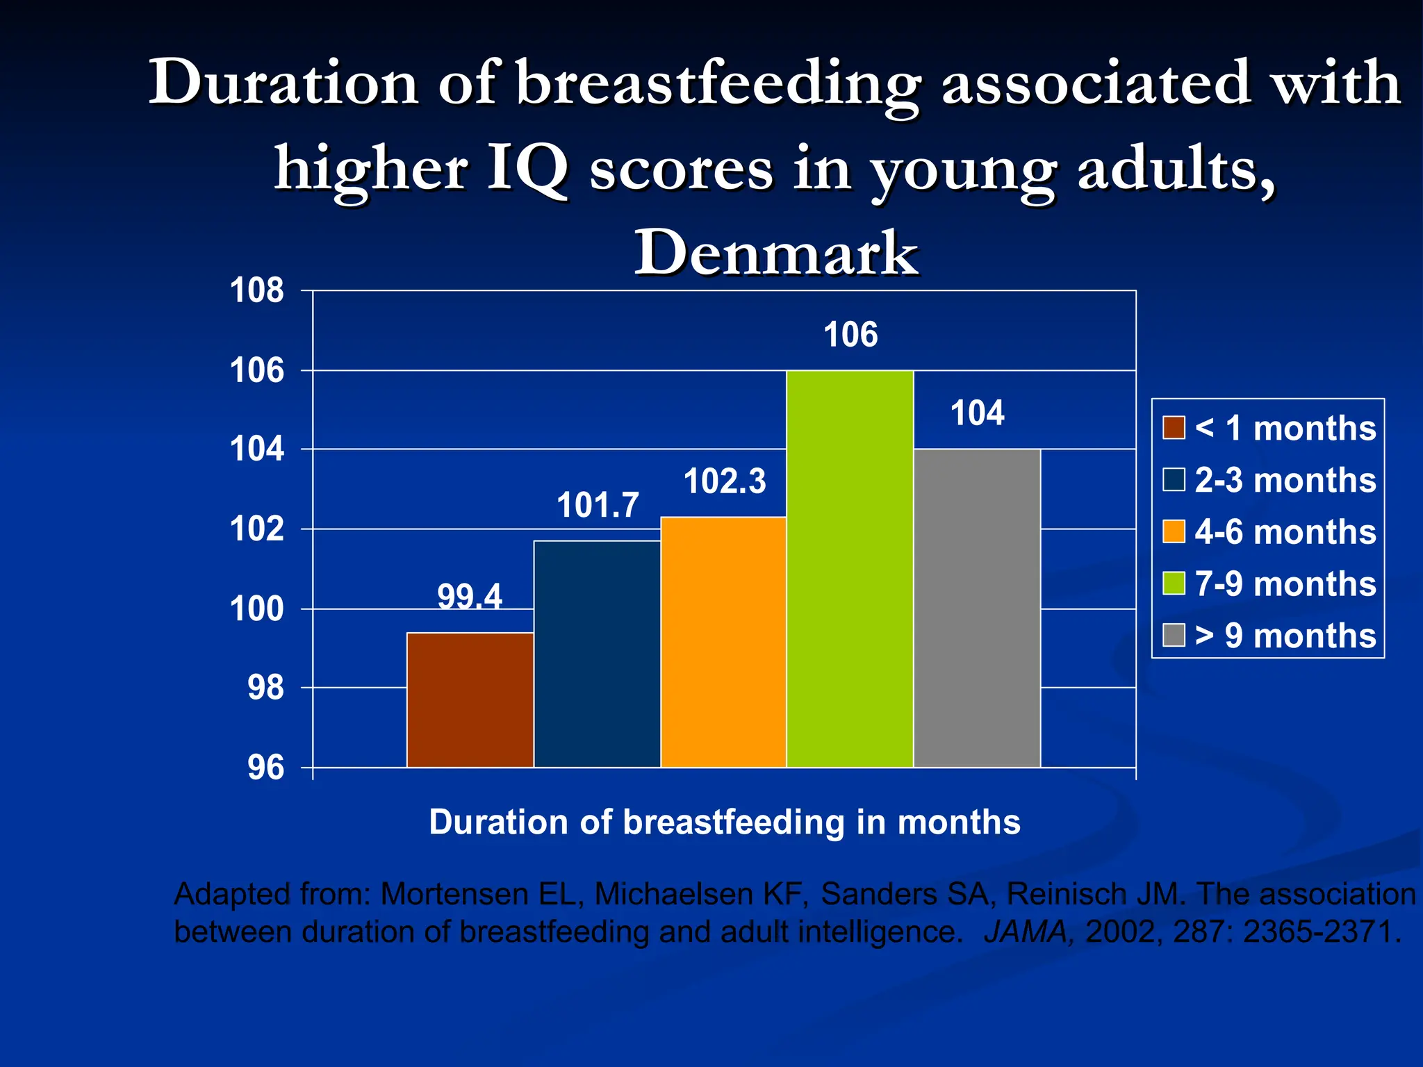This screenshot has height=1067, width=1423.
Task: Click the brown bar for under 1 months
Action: pos(470,700)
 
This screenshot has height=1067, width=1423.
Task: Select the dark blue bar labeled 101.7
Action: pos(597,654)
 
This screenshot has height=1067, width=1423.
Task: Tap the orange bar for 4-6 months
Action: pos(723,642)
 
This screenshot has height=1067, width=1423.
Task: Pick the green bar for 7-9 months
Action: pos(850,569)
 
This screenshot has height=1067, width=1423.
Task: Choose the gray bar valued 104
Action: pos(977,608)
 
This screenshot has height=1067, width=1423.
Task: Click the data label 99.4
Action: pos(470,597)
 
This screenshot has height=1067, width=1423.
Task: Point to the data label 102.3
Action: pos(725,481)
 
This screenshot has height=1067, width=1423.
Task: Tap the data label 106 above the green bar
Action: pos(850,335)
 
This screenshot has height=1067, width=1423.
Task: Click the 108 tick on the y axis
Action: pos(257,290)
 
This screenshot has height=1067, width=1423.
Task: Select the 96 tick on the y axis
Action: pos(265,768)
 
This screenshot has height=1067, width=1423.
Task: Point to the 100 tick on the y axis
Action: pos(257,609)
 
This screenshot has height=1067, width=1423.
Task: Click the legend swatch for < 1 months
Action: pos(1174,428)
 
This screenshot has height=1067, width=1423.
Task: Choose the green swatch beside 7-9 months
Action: pos(1174,584)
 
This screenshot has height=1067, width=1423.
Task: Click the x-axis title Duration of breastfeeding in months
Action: pos(725,822)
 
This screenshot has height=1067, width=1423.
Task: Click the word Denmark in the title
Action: pos(776,254)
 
